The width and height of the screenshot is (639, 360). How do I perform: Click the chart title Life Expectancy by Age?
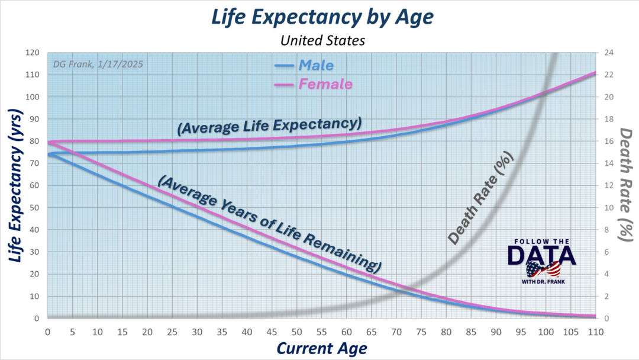point(319,17)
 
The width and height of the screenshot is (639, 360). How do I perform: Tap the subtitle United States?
point(319,40)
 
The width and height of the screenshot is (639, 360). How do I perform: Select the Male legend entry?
point(316,65)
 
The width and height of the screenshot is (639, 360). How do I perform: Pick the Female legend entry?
point(325,84)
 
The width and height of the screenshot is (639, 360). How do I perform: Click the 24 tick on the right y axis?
point(608,53)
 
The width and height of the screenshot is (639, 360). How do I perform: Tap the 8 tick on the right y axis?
point(606,230)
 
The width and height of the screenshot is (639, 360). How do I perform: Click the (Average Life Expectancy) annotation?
point(269,127)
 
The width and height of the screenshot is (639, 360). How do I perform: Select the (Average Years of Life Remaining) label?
point(269,221)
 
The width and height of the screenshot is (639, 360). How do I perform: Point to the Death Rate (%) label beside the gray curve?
point(480,198)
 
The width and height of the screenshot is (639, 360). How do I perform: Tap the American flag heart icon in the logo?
point(543,270)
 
